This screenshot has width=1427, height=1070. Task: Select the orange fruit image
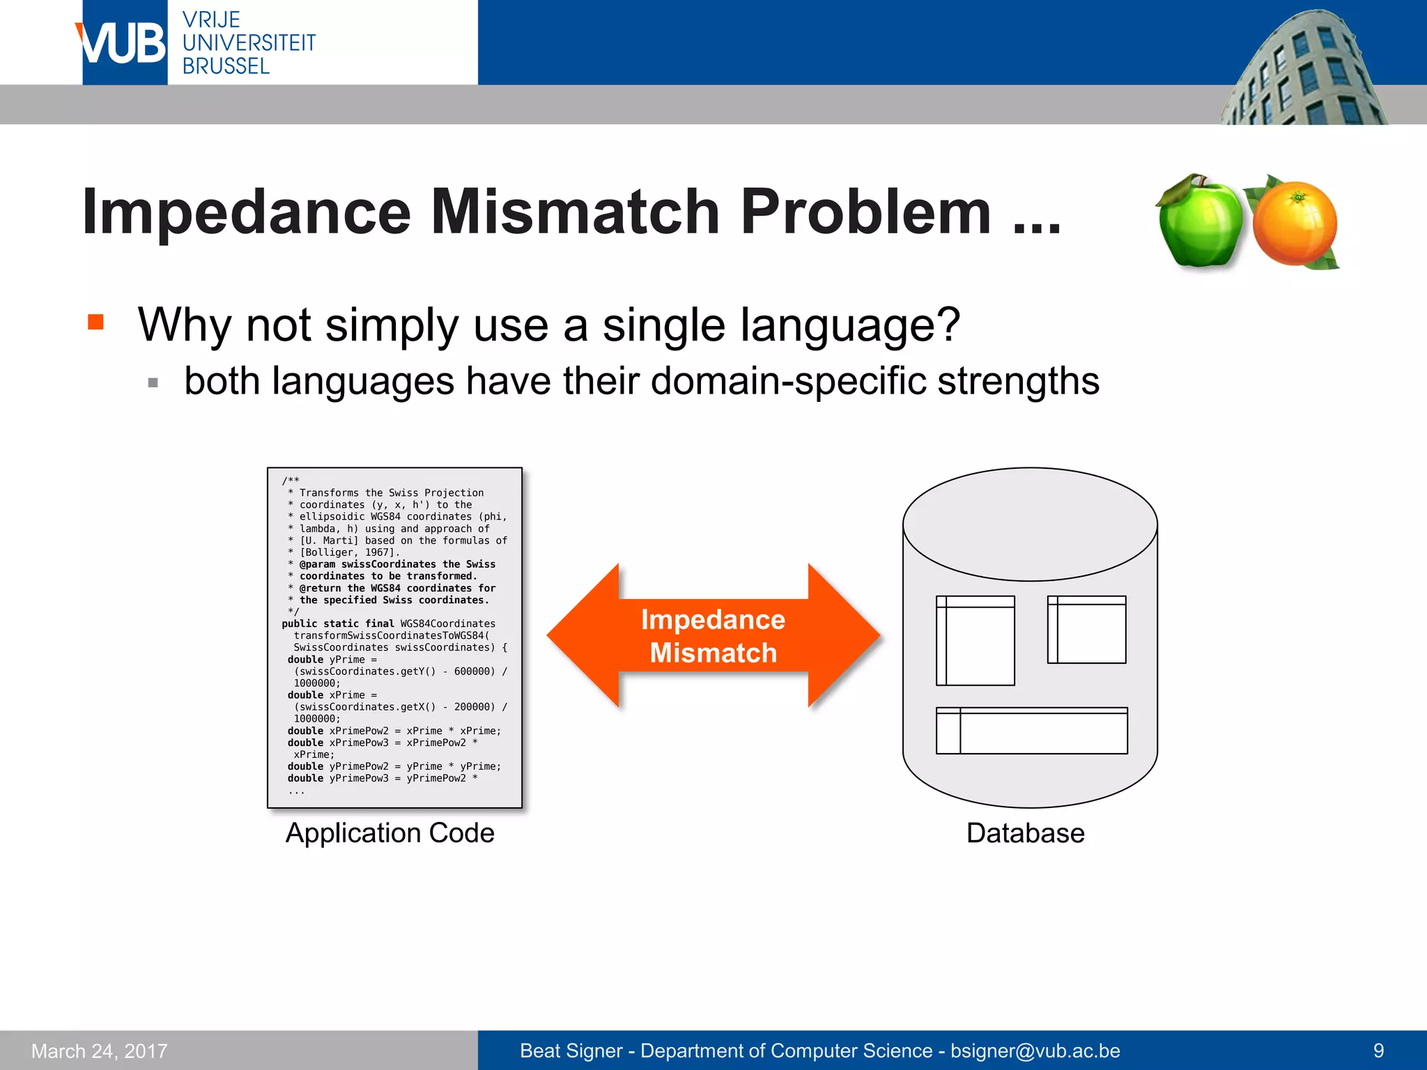pyautogui.click(x=1295, y=223)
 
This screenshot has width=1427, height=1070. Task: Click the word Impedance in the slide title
pyautogui.click(x=247, y=212)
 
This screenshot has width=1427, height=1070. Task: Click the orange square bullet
pyautogui.click(x=95, y=322)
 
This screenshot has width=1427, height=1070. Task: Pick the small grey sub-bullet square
pyautogui.click(x=153, y=382)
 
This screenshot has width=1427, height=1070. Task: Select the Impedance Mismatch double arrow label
pyautogui.click(x=713, y=636)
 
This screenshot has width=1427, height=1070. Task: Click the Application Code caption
pyautogui.click(x=389, y=833)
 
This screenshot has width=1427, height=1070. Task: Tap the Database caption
pyautogui.click(x=1025, y=833)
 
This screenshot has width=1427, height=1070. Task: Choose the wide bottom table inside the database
pyautogui.click(x=1031, y=731)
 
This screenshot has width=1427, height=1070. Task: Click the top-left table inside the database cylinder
pyautogui.click(x=975, y=640)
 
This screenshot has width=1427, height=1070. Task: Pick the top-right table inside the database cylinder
pyautogui.click(x=1086, y=629)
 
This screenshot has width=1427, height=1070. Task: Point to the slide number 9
pyautogui.click(x=1378, y=1050)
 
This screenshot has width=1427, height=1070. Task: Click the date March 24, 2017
pyautogui.click(x=100, y=1051)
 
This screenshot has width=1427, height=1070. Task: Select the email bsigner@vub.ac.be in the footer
pyautogui.click(x=1035, y=1050)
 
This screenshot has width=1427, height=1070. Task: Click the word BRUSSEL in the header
pyautogui.click(x=226, y=66)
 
